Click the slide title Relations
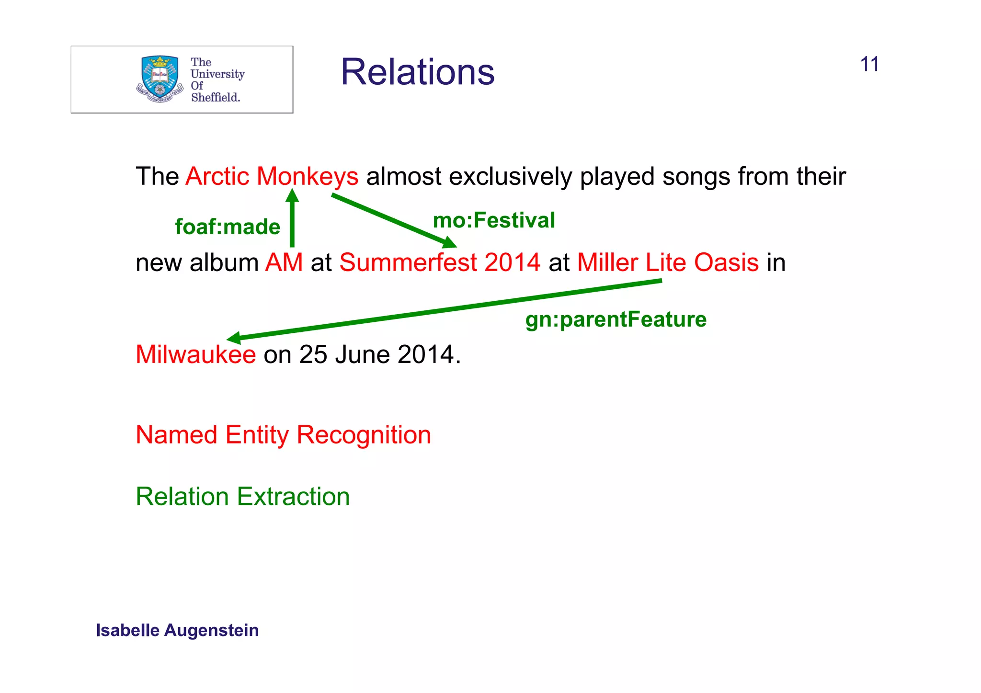[417, 72]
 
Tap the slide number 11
[869, 65]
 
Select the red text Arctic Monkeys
[272, 176]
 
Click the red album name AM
[284, 262]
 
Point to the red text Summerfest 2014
[439, 262]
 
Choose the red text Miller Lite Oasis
[668, 262]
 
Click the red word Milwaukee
[195, 354]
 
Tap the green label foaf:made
[228, 227]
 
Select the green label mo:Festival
[494, 220]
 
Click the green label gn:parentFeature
[616, 319]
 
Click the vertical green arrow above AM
[292, 220]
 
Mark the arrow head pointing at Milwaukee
[234, 338]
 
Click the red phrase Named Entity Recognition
[283, 435]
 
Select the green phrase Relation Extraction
[242, 497]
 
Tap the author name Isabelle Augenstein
[177, 630]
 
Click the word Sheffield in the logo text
[215, 97]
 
